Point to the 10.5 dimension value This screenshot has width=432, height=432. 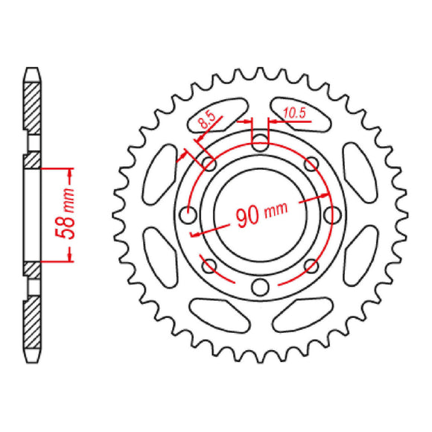tap(295, 112)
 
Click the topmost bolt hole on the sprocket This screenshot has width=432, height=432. tap(259, 144)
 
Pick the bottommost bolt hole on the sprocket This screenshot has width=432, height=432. tap(259, 288)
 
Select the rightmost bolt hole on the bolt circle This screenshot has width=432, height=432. tap(331, 216)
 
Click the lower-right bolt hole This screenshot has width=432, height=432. tap(310, 266)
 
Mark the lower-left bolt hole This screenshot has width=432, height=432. tap(209, 266)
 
